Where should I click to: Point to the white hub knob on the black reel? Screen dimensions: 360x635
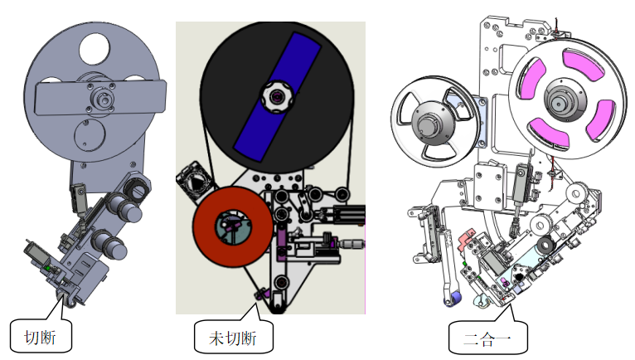tap(276, 97)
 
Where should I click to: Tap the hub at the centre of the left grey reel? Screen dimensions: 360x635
tap(103, 99)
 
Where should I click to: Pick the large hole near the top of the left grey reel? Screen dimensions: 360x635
tap(95, 50)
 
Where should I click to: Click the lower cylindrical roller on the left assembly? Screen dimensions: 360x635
tap(108, 244)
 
